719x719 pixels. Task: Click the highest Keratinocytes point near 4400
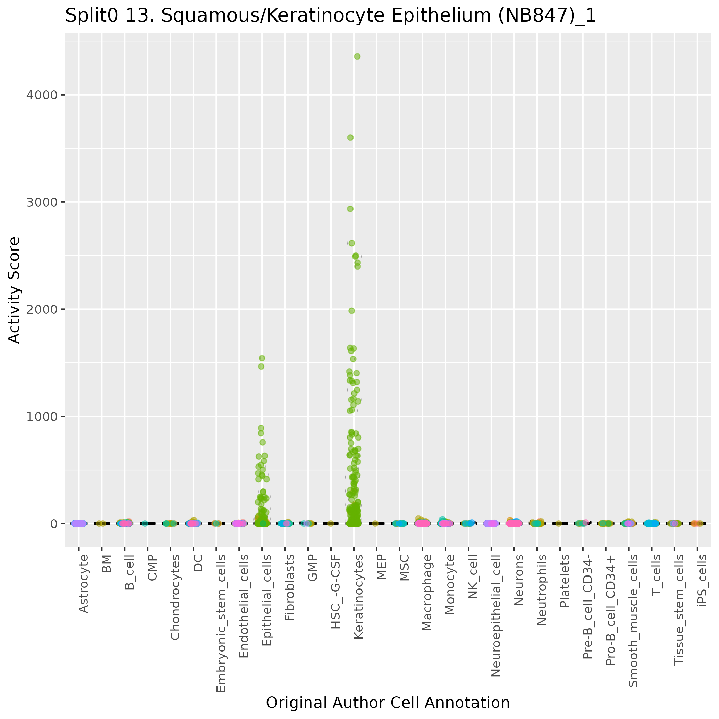point(357,57)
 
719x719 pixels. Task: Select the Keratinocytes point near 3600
point(350,138)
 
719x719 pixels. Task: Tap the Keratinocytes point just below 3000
point(350,209)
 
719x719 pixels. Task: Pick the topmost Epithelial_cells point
point(262,358)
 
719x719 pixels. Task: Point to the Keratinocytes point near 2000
point(352,311)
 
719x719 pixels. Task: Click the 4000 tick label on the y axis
point(42,95)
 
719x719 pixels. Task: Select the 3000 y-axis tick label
point(42,202)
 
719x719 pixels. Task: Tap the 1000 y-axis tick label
point(42,417)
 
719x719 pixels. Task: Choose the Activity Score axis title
point(14,290)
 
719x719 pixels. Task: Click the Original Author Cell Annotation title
point(388,703)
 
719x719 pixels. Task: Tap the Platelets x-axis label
point(565,581)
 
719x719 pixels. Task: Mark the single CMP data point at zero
point(145,524)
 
